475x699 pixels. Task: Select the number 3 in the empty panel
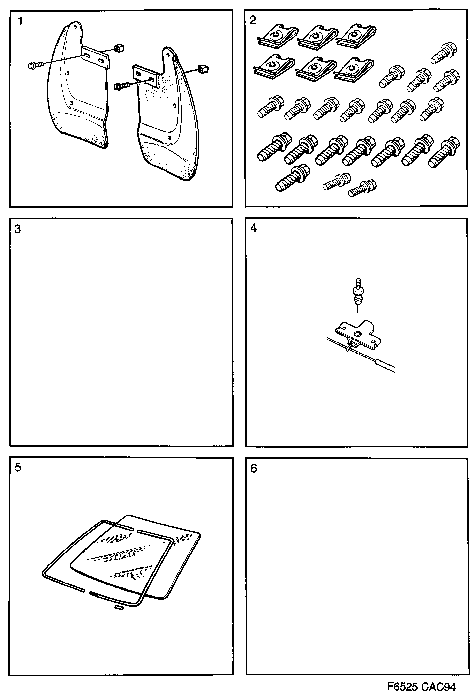tap(17, 229)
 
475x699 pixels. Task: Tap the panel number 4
tap(253, 228)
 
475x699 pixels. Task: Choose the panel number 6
tap(254, 468)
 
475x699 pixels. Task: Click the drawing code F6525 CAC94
tap(421, 687)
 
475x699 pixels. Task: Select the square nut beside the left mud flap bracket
tap(119, 48)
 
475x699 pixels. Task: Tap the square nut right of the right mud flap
tap(203, 69)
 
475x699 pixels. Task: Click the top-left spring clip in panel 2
tap(277, 36)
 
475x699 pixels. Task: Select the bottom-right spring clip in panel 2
tap(354, 70)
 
